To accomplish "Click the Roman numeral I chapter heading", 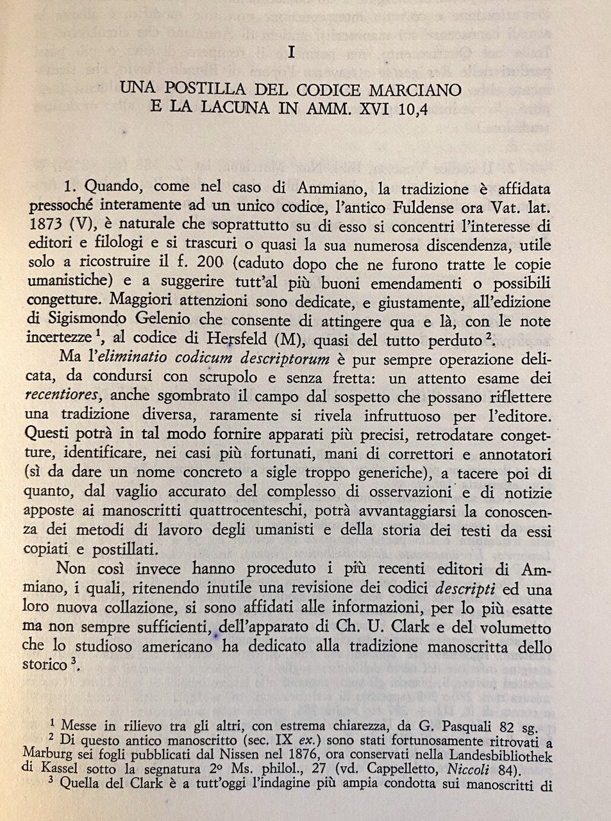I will point(292,54).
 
